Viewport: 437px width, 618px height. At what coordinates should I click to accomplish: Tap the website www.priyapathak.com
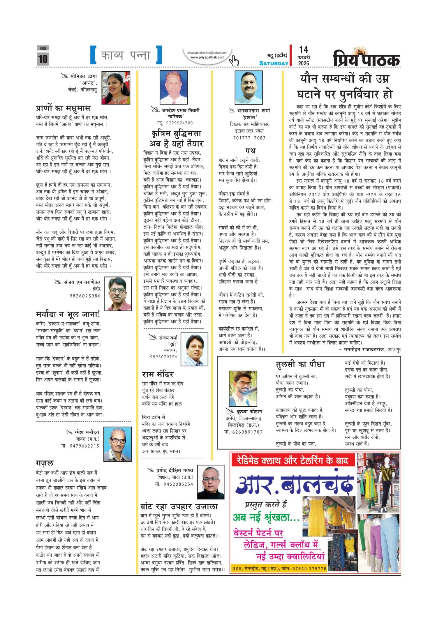click(207, 57)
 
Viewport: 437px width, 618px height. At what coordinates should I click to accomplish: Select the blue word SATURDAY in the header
click(274, 63)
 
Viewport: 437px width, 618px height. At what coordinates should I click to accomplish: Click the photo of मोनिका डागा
click(116, 88)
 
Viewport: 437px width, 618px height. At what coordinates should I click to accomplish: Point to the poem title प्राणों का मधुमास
click(63, 108)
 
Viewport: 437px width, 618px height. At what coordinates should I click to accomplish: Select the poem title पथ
click(250, 151)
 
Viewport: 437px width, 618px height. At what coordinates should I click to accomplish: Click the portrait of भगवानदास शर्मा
click(249, 88)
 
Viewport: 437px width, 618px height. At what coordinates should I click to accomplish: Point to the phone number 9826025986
click(85, 296)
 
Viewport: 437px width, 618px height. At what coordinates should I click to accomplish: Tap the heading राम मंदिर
click(158, 374)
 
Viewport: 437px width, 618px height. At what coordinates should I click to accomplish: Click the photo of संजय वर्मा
click(195, 349)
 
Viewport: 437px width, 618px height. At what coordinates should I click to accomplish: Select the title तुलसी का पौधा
click(300, 364)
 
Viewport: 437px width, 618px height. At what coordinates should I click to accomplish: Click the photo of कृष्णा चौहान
click(243, 389)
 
